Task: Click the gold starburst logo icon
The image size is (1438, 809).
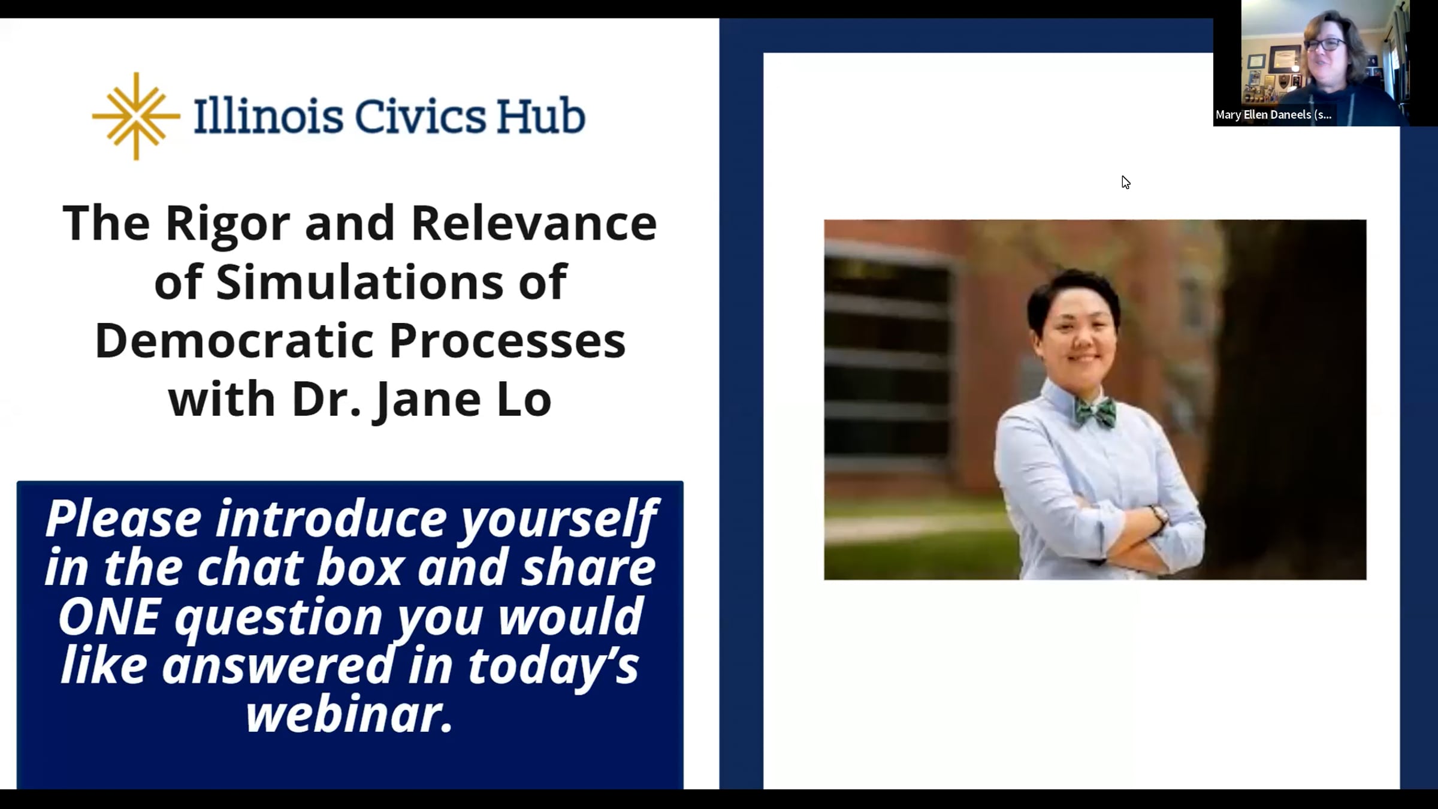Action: [136, 116]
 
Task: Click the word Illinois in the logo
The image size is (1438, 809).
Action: [268, 116]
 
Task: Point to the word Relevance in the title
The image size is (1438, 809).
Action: [534, 223]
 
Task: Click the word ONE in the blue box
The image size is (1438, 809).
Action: [109, 617]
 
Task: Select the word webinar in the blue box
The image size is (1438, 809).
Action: [349, 714]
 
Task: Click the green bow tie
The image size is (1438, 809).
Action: [1095, 412]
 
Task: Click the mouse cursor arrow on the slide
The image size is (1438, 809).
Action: [1126, 182]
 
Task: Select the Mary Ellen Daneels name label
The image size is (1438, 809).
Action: [1273, 114]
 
